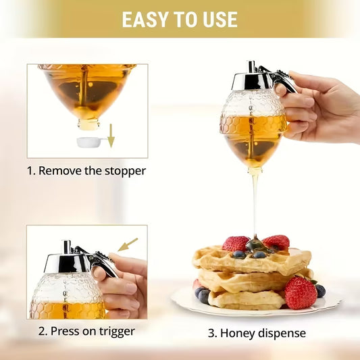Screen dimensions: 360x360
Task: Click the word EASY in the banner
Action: point(145,19)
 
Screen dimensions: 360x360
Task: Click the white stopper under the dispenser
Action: point(89,142)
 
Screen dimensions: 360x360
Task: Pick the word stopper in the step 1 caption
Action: point(122,170)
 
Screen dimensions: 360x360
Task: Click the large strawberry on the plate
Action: point(300,292)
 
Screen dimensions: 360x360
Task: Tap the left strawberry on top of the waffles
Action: point(236,243)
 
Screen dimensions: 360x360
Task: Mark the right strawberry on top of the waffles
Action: point(277,241)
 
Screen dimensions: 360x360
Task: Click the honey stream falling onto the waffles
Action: point(255,203)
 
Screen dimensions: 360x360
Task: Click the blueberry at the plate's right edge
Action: point(320,290)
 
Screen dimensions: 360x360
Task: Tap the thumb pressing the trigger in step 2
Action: point(101,272)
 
